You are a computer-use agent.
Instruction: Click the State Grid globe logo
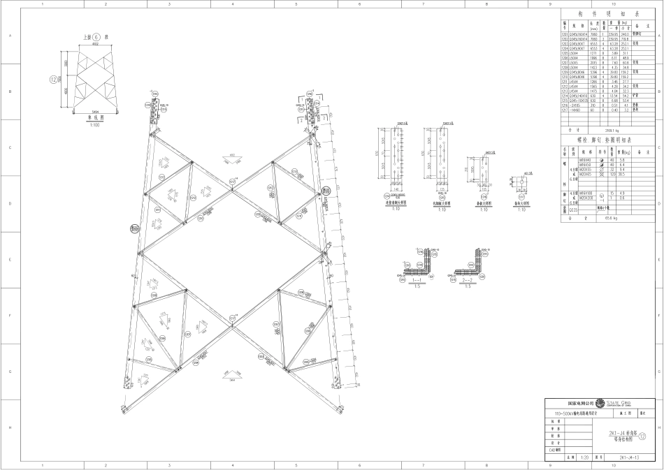point(600,403)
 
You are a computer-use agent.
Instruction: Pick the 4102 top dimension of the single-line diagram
point(96,45)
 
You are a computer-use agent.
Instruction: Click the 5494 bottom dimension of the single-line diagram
point(96,111)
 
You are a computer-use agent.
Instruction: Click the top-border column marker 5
point(296,3)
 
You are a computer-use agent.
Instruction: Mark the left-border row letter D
point(9,204)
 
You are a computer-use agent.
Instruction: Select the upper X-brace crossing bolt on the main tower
point(232,180)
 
